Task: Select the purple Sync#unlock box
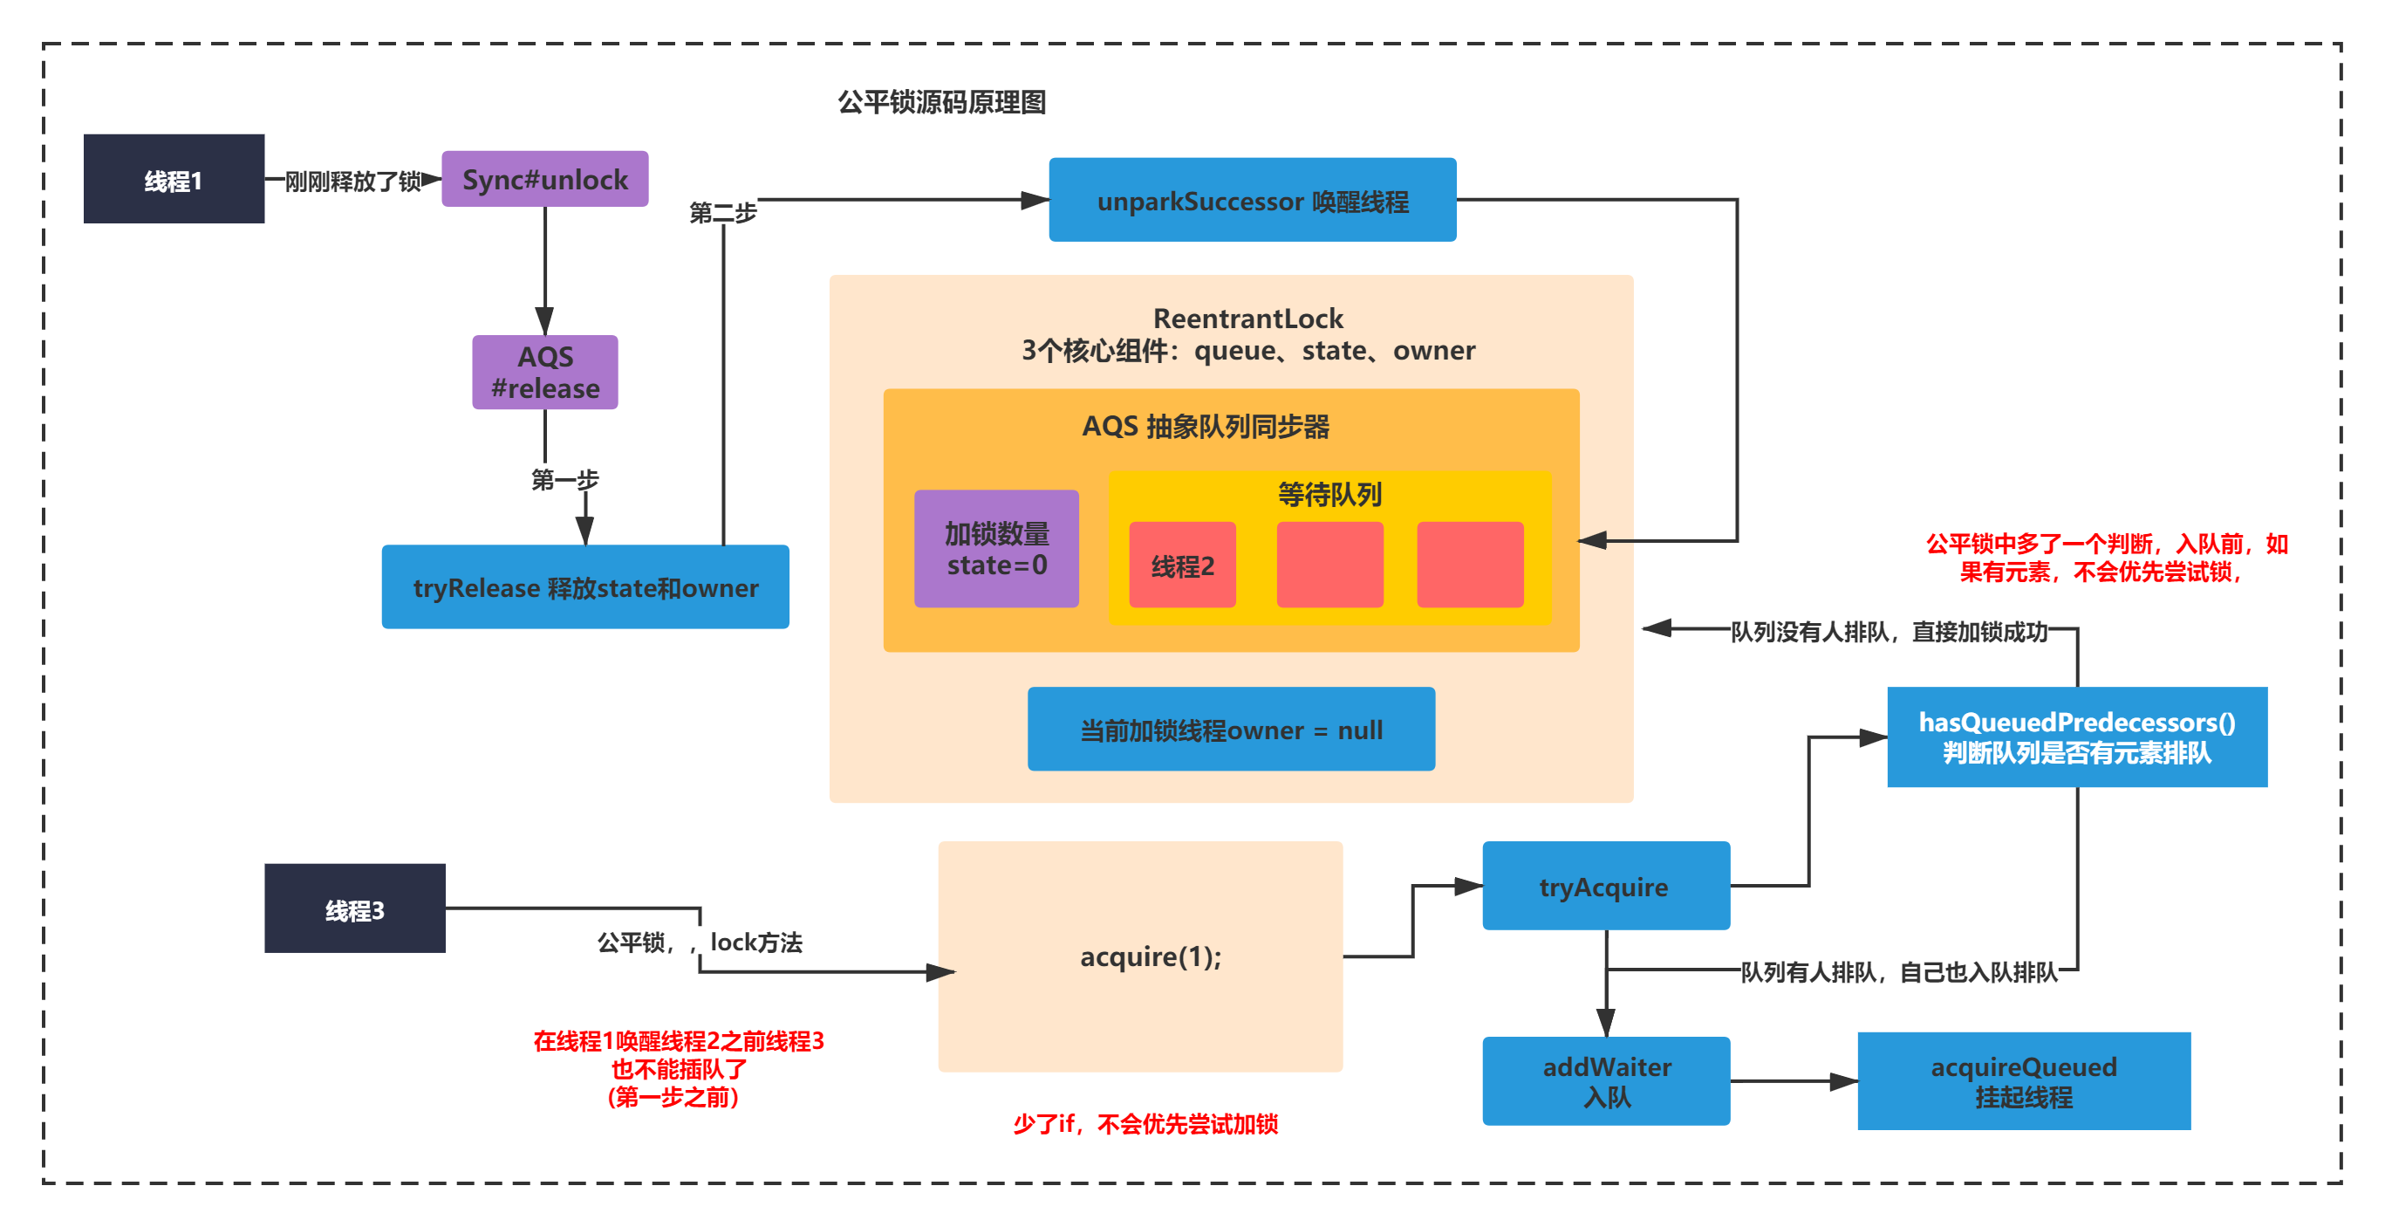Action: [x=544, y=179]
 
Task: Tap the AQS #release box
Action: [x=544, y=373]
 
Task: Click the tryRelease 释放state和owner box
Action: [x=585, y=587]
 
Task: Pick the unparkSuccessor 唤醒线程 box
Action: [x=1252, y=200]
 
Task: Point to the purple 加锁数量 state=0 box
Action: [x=996, y=549]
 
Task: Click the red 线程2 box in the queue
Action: [x=1182, y=565]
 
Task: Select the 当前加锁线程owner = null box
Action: [x=1231, y=730]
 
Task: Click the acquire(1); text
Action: [x=1151, y=956]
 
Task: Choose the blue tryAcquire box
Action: [x=1605, y=887]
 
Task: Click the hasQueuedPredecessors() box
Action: [x=2077, y=737]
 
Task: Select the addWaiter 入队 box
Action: [x=1605, y=1080]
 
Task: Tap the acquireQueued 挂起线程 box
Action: [x=2023, y=1080]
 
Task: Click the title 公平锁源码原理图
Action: [x=941, y=102]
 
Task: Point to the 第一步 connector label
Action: [x=564, y=480]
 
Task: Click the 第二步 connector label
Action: [x=723, y=213]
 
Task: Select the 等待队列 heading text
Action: [x=1329, y=495]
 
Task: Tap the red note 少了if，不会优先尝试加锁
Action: [x=1145, y=1124]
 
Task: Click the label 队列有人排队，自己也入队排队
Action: [x=1898, y=972]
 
